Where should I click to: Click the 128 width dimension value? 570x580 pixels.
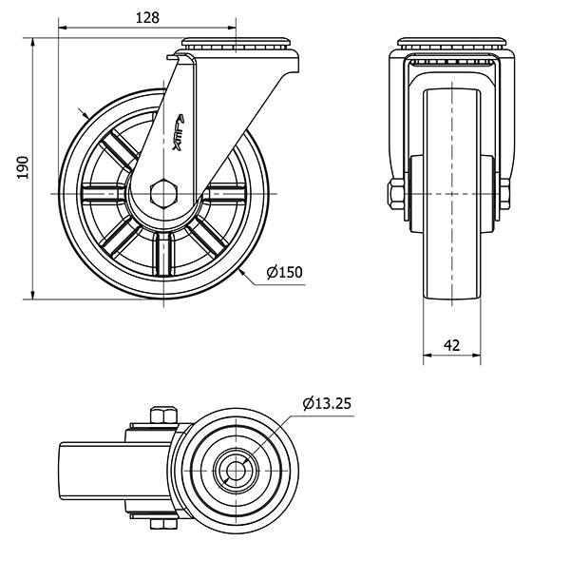pyautogui.click(x=147, y=17)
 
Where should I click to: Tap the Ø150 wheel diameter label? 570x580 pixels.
pyautogui.click(x=284, y=273)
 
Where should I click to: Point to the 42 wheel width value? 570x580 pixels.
pyautogui.click(x=451, y=345)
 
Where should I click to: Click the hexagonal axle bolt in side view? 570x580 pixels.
pyautogui.click(x=166, y=193)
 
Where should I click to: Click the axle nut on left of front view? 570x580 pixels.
pyautogui.click(x=394, y=194)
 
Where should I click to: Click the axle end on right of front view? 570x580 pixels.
pyautogui.click(x=505, y=193)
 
